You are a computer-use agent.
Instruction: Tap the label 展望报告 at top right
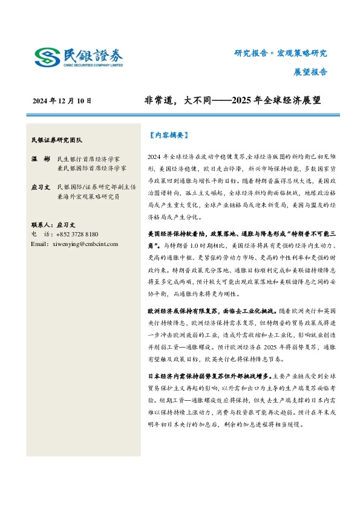coord(310,71)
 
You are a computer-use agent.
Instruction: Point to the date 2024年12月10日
coord(62,101)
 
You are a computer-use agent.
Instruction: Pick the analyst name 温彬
coord(38,158)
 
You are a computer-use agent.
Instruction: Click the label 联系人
coord(41,224)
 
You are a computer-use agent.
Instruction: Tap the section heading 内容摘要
coord(169,135)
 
